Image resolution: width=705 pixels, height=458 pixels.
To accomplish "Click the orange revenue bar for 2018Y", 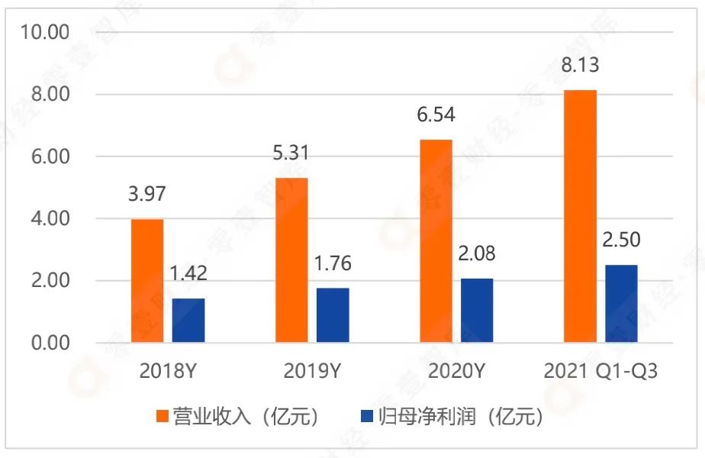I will click(147, 281).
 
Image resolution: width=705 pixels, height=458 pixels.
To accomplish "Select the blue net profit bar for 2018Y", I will click(188, 320).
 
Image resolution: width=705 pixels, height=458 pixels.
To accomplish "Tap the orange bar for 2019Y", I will click(292, 260).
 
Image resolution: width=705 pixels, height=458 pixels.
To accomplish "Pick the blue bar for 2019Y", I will click(333, 314).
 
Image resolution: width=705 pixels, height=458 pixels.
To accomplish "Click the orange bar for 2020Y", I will click(436, 240).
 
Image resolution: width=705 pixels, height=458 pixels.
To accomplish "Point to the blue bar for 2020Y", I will click(477, 310).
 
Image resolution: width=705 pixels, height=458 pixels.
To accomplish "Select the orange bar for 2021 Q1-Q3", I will click(581, 216).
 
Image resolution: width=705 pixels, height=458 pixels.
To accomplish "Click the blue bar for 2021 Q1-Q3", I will click(621, 303).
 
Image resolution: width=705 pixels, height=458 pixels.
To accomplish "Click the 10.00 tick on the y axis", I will click(48, 32).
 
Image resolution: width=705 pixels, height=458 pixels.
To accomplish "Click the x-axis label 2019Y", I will click(313, 372).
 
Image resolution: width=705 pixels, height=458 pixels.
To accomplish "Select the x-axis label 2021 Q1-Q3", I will click(600, 372).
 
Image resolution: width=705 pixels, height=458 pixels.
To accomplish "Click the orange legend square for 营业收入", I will click(162, 416).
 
